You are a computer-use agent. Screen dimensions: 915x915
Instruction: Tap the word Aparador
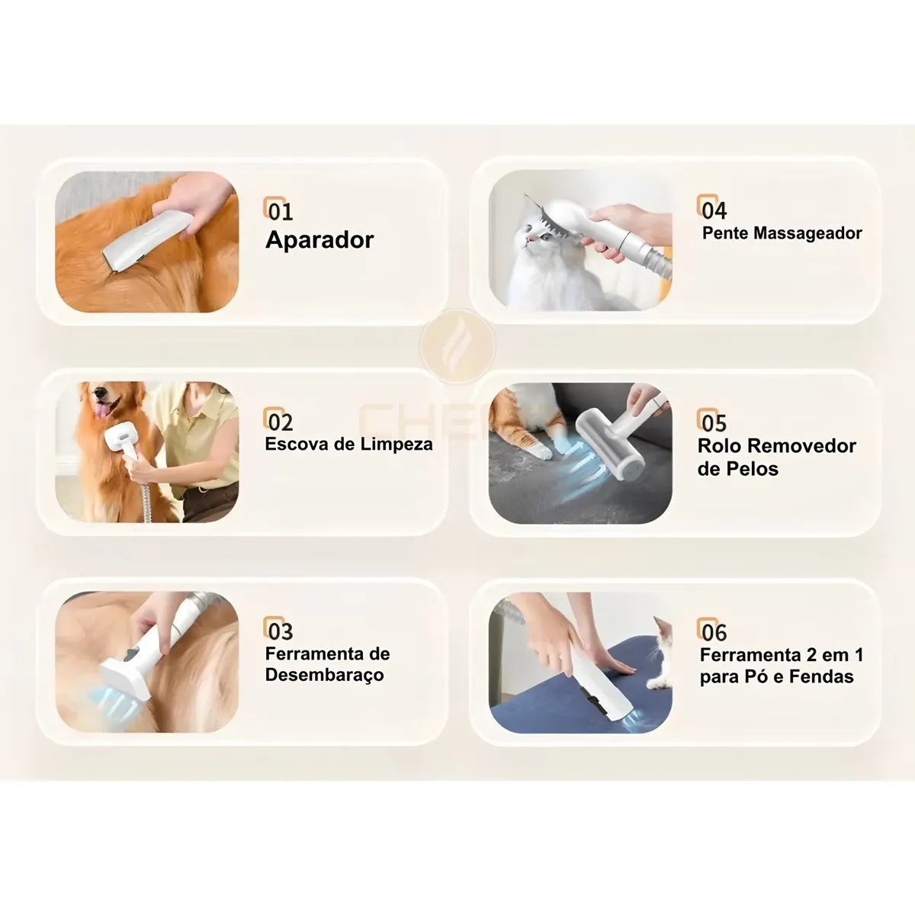pyautogui.click(x=319, y=239)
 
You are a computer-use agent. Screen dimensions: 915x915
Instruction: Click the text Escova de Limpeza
pyautogui.click(x=349, y=445)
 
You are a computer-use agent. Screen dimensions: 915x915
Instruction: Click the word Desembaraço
pyautogui.click(x=324, y=676)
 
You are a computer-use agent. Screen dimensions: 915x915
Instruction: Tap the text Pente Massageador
pyautogui.click(x=782, y=233)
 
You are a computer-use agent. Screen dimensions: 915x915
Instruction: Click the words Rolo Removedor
pyautogui.click(x=777, y=446)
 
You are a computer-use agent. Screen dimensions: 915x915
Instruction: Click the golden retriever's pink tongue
pyautogui.click(x=101, y=409)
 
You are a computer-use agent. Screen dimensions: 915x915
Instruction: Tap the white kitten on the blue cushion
pyautogui.click(x=661, y=653)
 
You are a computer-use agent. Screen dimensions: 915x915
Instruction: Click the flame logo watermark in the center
pyautogui.click(x=457, y=345)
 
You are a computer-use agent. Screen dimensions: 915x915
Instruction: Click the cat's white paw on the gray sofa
pyautogui.click(x=541, y=450)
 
